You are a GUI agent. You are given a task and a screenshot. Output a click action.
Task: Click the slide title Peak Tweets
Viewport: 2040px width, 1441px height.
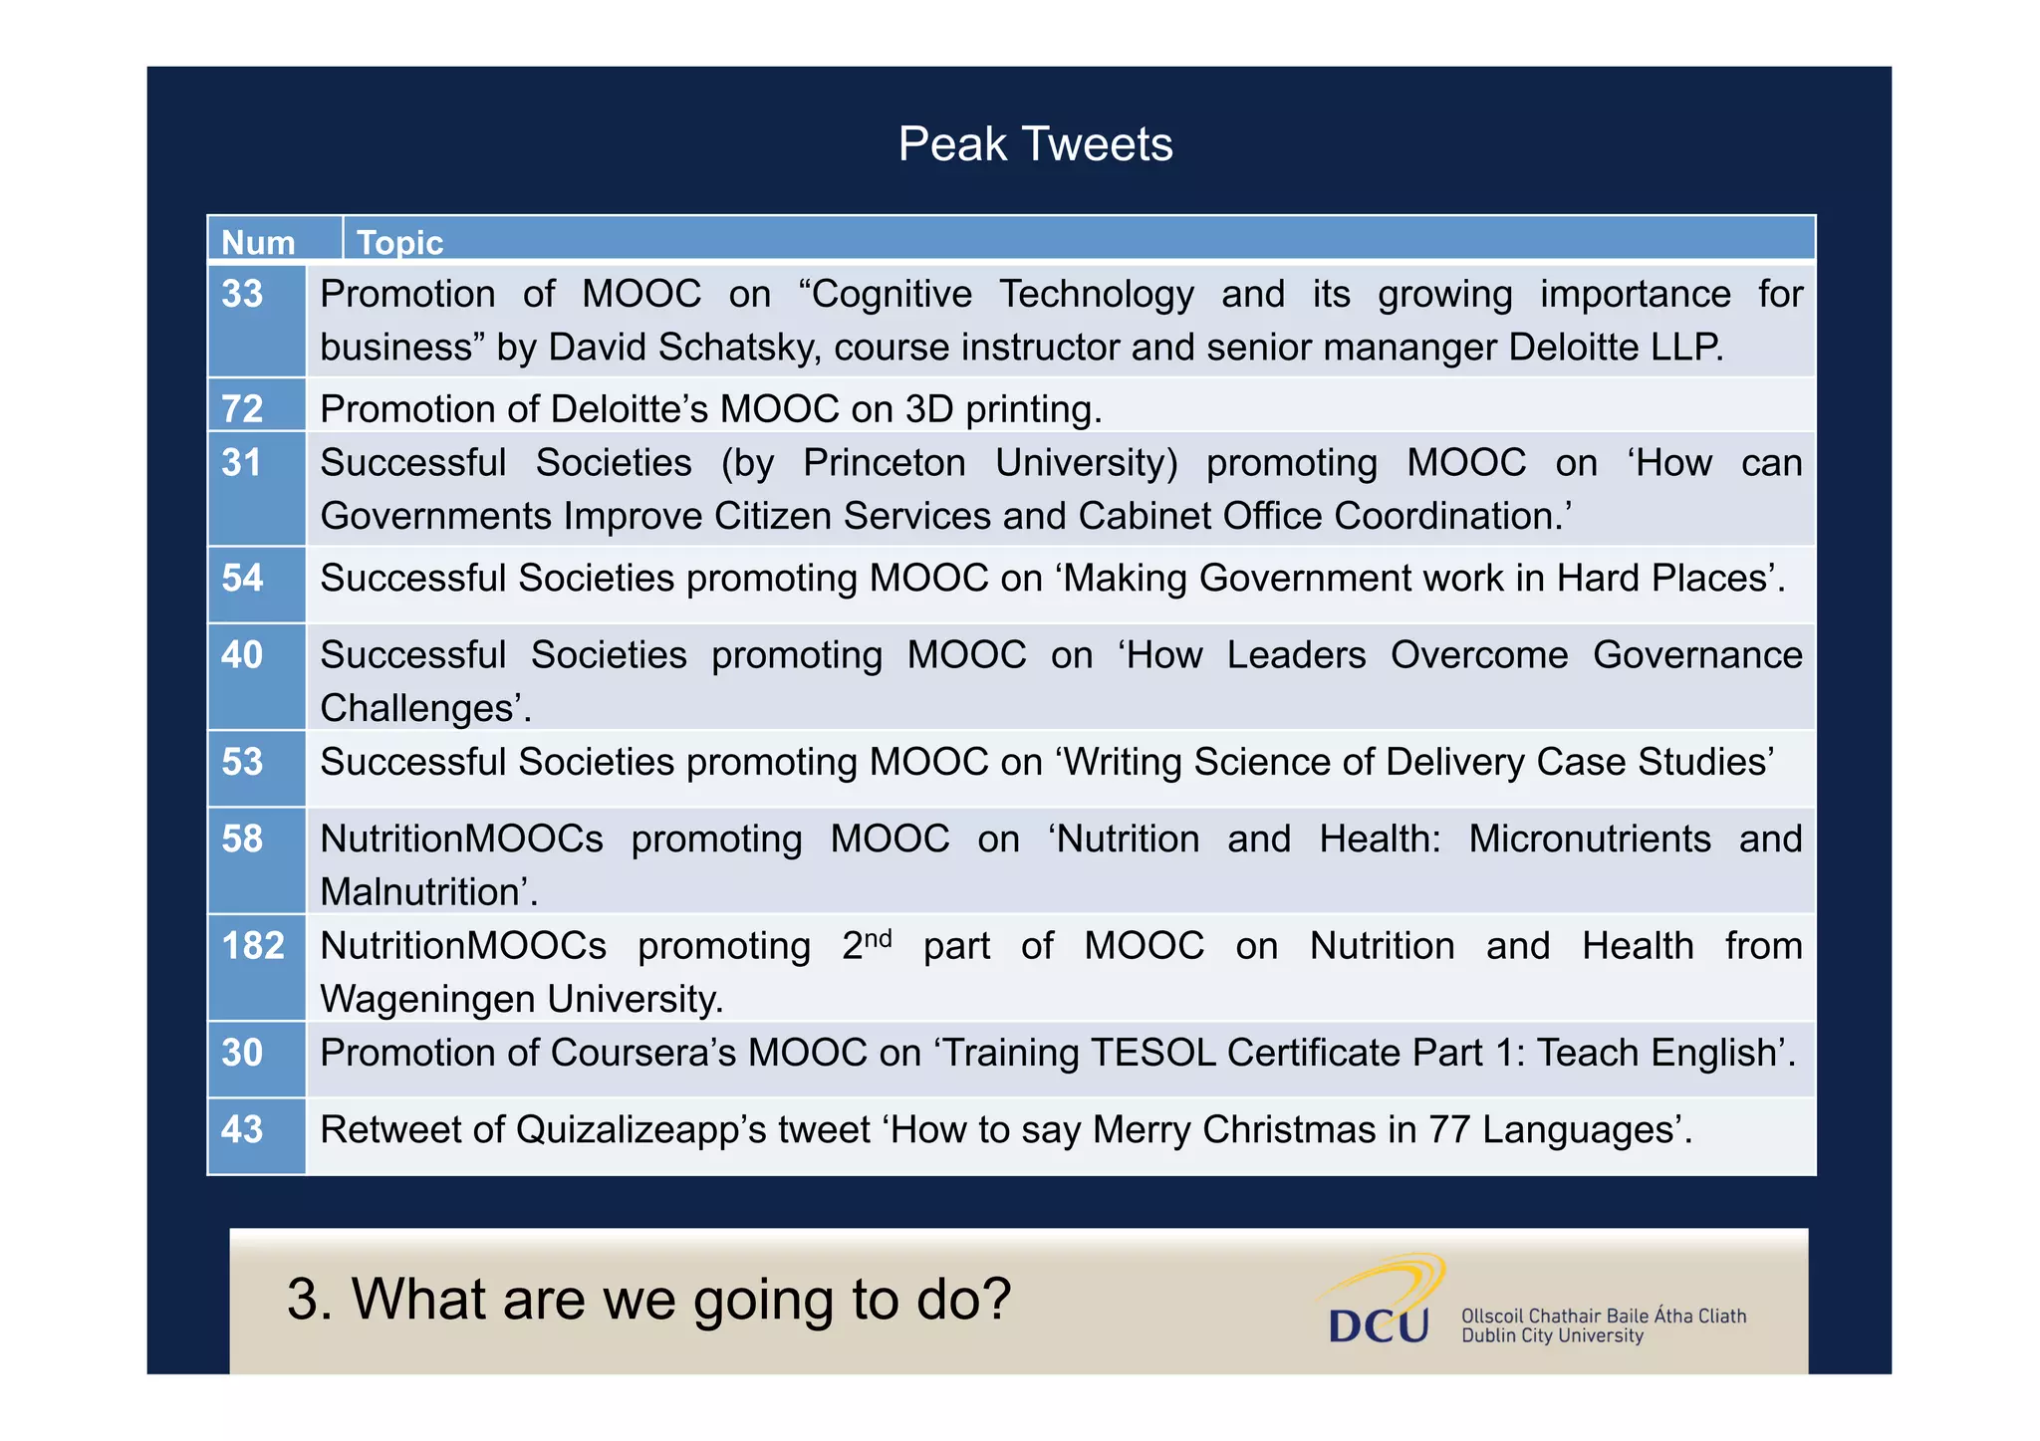point(1035,144)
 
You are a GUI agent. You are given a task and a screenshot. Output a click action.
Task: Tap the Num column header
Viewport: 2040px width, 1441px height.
point(258,243)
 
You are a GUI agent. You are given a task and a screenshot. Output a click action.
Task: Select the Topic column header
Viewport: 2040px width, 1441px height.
point(399,243)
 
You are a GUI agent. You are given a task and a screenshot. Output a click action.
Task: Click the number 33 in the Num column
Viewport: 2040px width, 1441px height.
point(242,294)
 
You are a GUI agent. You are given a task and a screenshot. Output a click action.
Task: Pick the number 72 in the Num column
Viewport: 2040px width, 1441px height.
point(242,409)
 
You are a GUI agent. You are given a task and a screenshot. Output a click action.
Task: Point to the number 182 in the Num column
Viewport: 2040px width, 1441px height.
point(253,946)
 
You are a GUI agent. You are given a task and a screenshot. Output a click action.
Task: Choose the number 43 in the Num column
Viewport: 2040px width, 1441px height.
point(242,1129)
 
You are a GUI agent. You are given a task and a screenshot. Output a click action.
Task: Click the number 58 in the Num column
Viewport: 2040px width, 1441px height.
point(242,839)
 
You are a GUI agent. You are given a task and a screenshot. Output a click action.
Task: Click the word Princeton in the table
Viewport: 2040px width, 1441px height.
point(885,463)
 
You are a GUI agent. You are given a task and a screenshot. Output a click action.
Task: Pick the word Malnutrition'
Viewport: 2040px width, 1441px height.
point(428,892)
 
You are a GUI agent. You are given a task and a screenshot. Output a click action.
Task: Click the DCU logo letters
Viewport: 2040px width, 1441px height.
point(1379,1325)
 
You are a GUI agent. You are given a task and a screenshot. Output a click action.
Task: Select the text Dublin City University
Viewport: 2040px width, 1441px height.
point(1551,1336)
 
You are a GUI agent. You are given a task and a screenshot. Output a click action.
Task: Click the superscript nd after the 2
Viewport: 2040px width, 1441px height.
point(878,938)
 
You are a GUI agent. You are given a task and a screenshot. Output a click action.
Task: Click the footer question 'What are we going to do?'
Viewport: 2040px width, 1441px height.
point(648,1300)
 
